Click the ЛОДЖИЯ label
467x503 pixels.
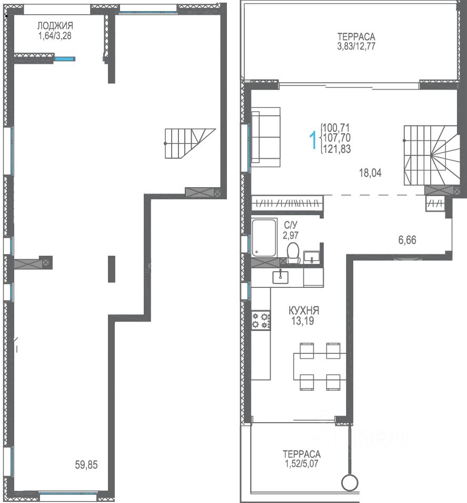(x=55, y=26)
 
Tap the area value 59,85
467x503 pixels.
(x=86, y=465)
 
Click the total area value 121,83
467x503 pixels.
(x=337, y=149)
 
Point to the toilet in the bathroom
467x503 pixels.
(x=293, y=253)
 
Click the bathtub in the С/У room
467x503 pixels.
(x=264, y=238)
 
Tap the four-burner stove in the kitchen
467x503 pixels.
(x=261, y=320)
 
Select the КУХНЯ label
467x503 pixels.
(x=304, y=311)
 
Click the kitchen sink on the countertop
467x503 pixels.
(x=280, y=277)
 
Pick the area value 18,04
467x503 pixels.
(x=370, y=173)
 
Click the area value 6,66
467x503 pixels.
(x=407, y=240)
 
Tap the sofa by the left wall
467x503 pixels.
(x=266, y=137)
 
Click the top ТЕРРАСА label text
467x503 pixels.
(x=356, y=36)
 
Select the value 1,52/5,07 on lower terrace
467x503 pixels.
(x=301, y=464)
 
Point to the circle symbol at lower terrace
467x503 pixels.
(x=350, y=482)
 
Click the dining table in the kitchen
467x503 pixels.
(x=320, y=366)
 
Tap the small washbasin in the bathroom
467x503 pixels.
(x=311, y=257)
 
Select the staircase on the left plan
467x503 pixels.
(x=190, y=143)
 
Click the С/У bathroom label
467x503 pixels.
(x=290, y=225)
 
